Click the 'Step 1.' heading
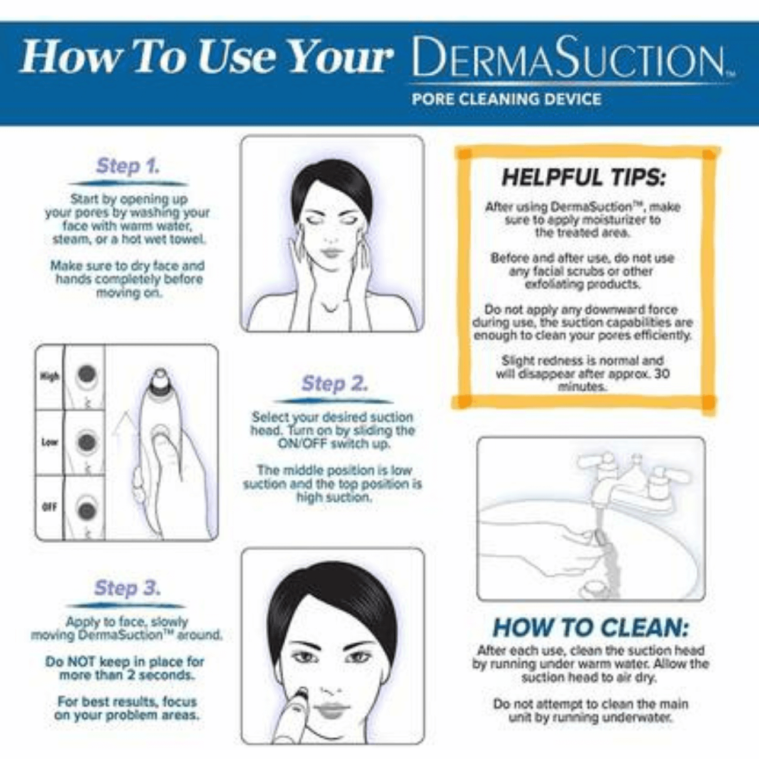pyautogui.click(x=128, y=166)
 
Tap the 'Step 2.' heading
pyautogui.click(x=334, y=384)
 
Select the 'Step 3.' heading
pyautogui.click(x=127, y=588)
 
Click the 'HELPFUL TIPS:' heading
pyautogui.click(x=583, y=177)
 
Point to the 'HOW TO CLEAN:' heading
pyautogui.click(x=591, y=628)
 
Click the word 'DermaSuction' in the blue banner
pyautogui.click(x=567, y=57)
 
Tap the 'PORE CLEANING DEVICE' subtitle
pyautogui.click(x=506, y=99)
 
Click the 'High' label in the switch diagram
pyautogui.click(x=49, y=377)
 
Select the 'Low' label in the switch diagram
pyautogui.click(x=50, y=442)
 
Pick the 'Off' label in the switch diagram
pyautogui.click(x=49, y=507)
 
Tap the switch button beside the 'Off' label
pyautogui.click(x=86, y=510)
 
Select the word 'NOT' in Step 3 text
pyautogui.click(x=82, y=661)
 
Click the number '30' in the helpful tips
pyautogui.click(x=662, y=374)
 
